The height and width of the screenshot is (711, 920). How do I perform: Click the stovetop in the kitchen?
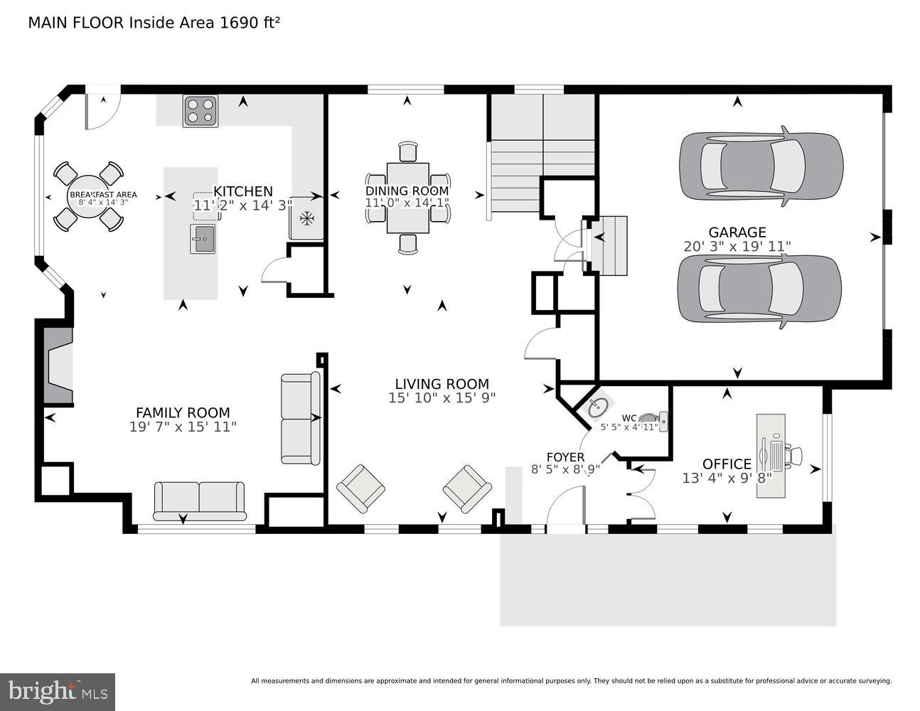[200, 111]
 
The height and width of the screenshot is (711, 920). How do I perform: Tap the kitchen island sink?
[203, 239]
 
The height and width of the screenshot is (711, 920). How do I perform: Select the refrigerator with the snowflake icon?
[306, 218]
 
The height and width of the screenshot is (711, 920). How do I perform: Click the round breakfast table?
[88, 197]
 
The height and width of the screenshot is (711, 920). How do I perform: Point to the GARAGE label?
[737, 232]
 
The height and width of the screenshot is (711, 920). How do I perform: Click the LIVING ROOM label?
[442, 384]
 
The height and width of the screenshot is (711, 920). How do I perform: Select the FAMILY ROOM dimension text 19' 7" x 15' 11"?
[183, 427]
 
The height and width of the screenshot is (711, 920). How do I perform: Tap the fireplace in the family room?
[58, 365]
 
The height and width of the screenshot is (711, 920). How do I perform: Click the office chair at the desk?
[793, 456]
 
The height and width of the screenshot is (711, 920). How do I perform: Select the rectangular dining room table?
[407, 198]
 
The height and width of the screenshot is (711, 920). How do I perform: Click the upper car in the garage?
[761, 166]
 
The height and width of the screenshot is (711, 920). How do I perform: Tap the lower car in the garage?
[759, 289]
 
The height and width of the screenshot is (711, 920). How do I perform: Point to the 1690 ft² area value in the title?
[250, 23]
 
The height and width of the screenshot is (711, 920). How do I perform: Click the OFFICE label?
[727, 464]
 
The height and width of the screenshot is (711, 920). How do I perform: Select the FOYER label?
[566, 457]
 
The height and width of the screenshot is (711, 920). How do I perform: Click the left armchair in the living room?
[360, 489]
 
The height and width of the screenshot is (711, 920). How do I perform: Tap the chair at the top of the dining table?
[407, 151]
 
